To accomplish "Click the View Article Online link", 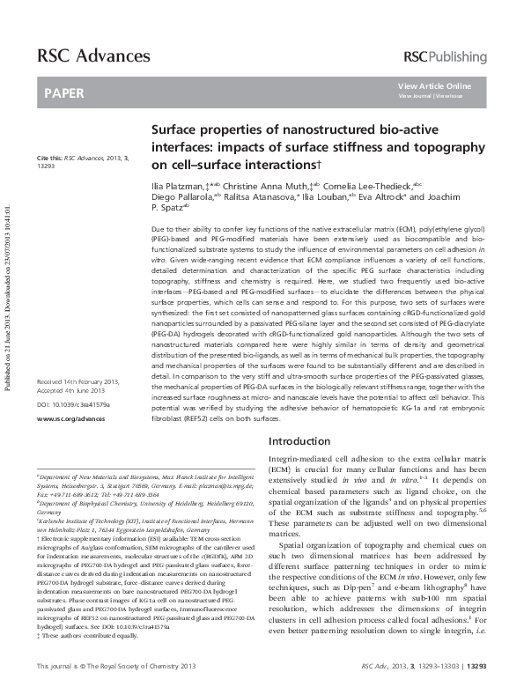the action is point(434,85).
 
